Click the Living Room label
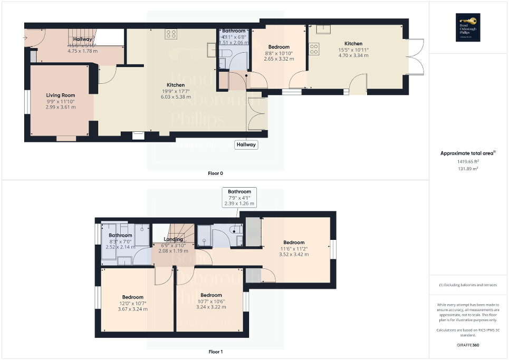coord(61,95)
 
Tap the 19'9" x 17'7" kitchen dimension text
coord(176,91)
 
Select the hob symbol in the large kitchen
coord(171,34)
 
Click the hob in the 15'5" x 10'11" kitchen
coord(314,50)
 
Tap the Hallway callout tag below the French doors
coord(246,144)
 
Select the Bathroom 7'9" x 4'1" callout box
coord(239,197)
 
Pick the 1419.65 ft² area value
coord(468,162)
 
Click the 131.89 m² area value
coord(468,169)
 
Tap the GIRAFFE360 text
coord(468,346)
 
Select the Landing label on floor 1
coord(174,239)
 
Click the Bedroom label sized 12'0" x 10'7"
coord(133,297)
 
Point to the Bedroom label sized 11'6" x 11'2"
coord(294,242)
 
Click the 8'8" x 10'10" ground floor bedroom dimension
coord(278,53)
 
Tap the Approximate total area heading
coord(467,153)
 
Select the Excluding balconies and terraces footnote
coord(468,285)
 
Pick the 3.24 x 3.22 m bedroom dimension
coord(210,307)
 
